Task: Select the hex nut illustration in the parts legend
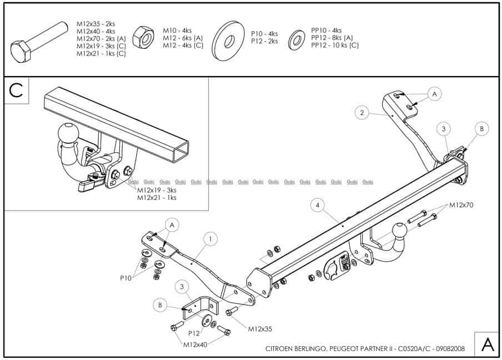click(x=146, y=38)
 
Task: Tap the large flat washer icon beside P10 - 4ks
click(x=227, y=38)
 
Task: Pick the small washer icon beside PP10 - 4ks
click(x=297, y=39)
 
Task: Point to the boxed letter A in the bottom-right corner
click(x=487, y=344)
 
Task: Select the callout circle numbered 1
click(x=210, y=239)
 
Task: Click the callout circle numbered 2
click(x=362, y=113)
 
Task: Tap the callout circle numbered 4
click(x=317, y=206)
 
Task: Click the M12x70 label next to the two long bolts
click(x=461, y=206)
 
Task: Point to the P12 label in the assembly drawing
click(x=193, y=333)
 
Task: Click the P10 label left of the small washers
click(x=126, y=278)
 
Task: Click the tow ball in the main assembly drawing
click(x=400, y=232)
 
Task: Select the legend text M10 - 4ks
click(x=177, y=30)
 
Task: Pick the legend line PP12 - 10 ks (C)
click(x=334, y=45)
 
